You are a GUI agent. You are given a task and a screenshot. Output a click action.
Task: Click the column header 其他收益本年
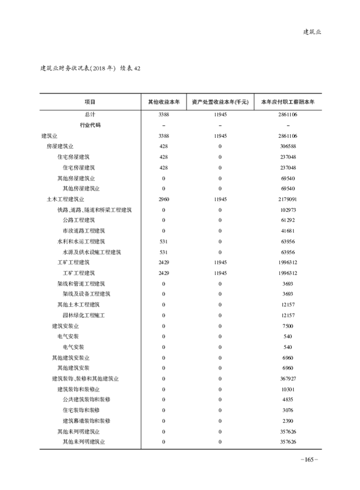[164, 102]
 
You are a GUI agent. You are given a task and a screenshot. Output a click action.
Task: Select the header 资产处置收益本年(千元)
[220, 102]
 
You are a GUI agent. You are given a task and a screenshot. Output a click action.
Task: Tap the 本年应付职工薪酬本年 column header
[288, 102]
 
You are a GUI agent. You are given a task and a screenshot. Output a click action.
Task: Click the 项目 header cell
[90, 102]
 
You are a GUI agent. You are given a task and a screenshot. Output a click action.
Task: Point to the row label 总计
[90, 115]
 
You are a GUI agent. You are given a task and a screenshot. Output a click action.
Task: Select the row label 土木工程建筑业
[66, 199]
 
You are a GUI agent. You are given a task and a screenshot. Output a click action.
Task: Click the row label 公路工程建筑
[79, 220]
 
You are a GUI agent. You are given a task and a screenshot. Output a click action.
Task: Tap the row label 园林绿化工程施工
[84, 315]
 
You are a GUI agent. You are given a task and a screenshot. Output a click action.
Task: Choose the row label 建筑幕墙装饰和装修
[87, 421]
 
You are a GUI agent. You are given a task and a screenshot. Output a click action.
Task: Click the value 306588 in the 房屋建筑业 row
[288, 146]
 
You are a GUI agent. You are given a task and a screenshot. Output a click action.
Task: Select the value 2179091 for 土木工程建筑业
[288, 199]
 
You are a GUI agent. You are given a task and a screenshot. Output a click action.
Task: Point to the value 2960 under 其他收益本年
[164, 199]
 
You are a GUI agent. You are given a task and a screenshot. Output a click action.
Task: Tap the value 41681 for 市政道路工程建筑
[288, 231]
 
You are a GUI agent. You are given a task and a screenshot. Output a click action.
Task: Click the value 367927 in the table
[288, 379]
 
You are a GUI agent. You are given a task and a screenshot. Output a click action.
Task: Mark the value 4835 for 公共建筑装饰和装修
[288, 399]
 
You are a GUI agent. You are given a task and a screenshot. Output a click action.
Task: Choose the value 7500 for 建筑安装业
[288, 326]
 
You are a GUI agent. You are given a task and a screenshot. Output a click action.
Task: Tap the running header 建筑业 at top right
[312, 32]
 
